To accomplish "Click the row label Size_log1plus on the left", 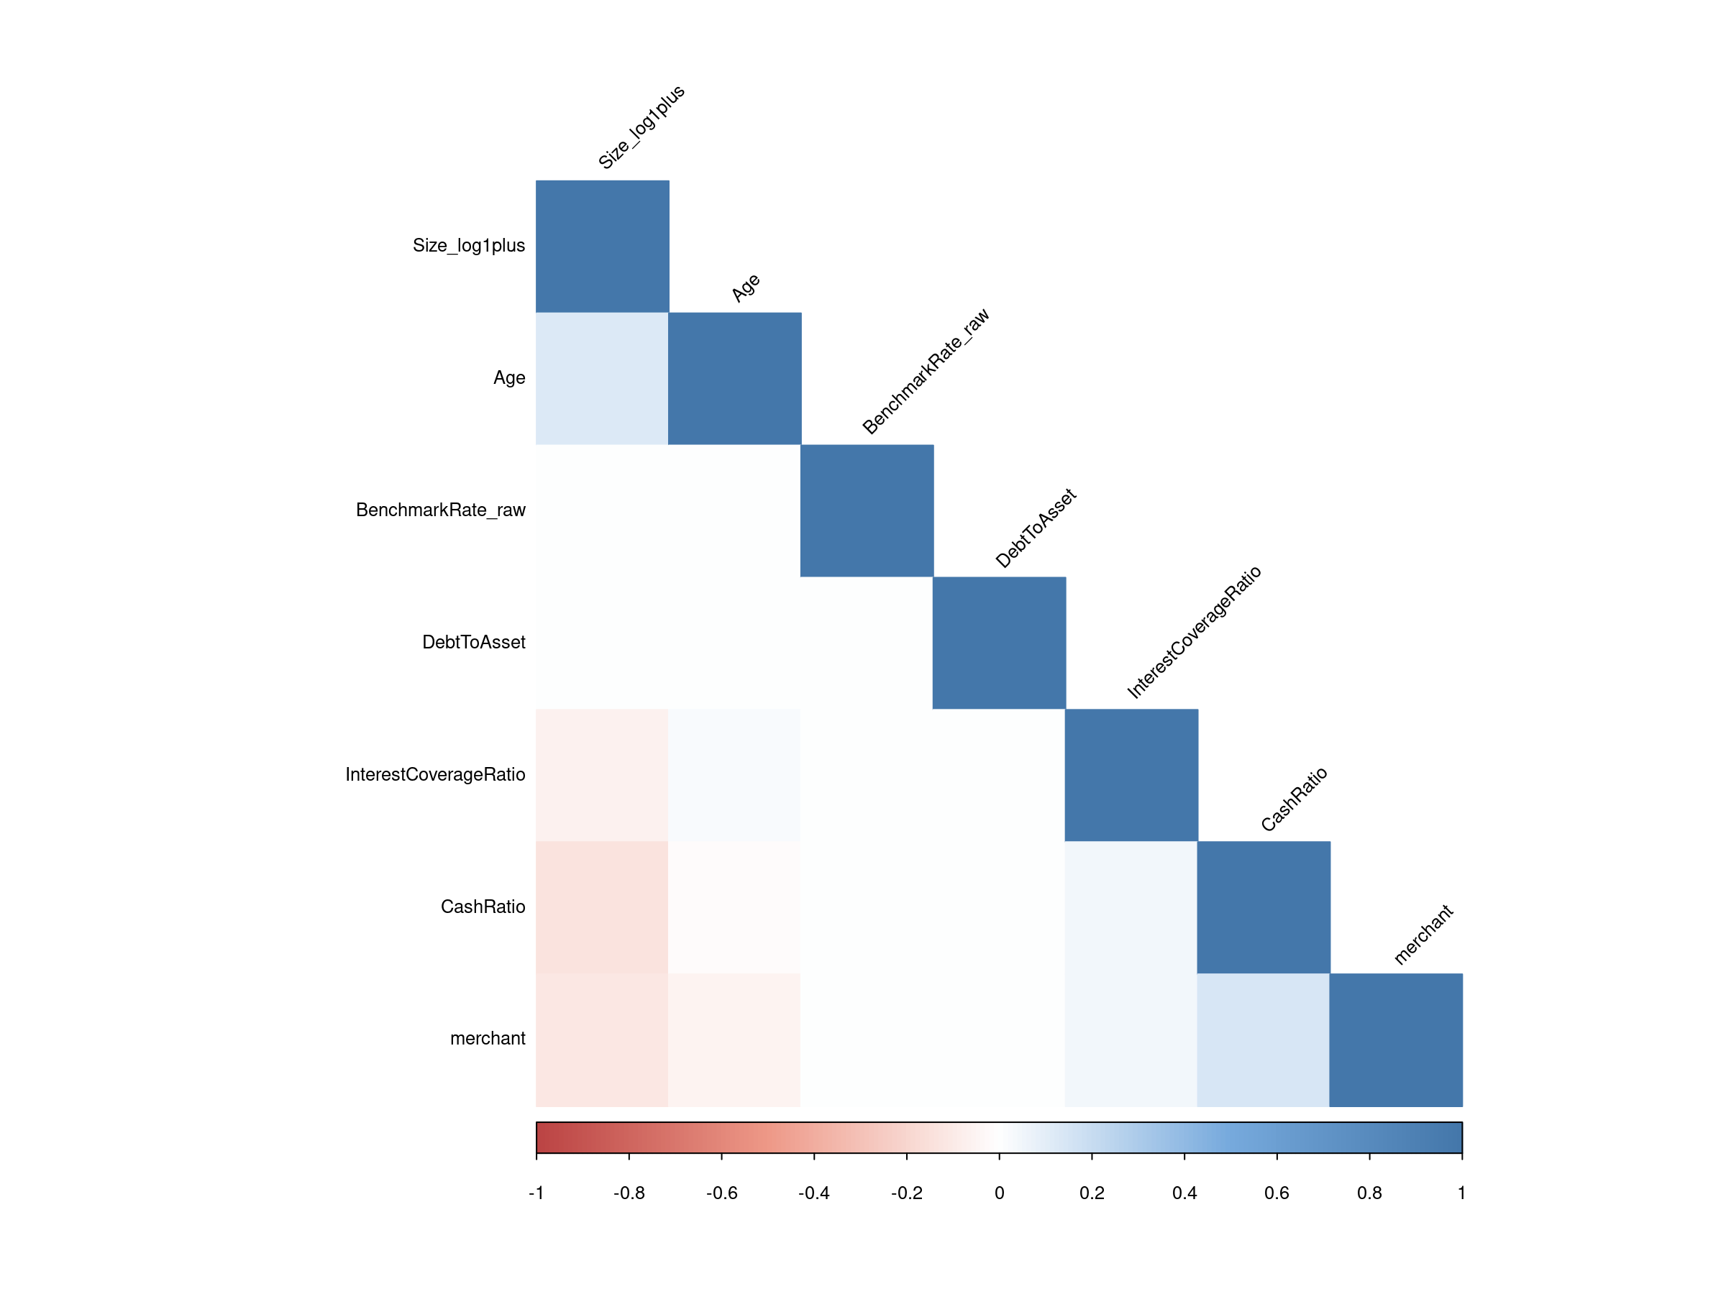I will [468, 246].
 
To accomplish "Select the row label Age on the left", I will [508, 378].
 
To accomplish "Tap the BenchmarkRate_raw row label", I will [440, 510].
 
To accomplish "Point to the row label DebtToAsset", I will [474, 643].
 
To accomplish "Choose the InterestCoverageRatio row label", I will [434, 774].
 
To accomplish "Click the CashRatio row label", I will [483, 907].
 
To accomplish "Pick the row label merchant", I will [488, 1039].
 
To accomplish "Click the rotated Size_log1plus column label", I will [641, 127].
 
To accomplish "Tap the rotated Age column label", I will [746, 288].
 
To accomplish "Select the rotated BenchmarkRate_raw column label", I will [926, 371].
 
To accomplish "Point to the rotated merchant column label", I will [1423, 935].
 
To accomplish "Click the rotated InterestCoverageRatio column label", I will [1194, 633].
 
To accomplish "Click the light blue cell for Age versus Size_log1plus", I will [602, 378].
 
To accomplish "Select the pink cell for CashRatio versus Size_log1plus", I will [602, 907].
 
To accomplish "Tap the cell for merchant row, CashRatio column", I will [1264, 1040].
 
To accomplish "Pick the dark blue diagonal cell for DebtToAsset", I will [999, 643].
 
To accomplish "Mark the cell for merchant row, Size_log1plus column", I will [602, 1040].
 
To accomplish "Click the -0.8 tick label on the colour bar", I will [629, 1193].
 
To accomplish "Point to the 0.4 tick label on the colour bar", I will [1184, 1193].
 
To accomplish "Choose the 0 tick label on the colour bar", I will [999, 1193].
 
